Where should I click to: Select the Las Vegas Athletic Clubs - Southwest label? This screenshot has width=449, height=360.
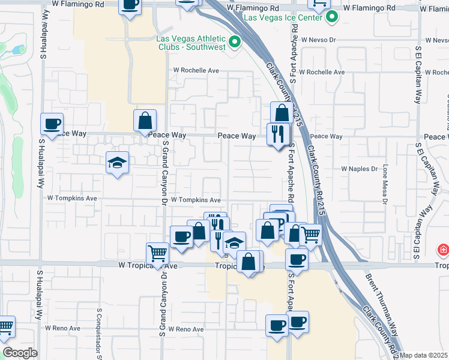[x=191, y=42]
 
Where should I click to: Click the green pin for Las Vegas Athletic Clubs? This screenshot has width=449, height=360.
[x=235, y=43]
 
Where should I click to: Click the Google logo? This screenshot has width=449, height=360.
[x=20, y=353]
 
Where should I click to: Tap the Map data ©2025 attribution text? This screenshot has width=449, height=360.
[x=424, y=355]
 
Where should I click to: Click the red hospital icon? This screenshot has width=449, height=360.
[x=443, y=249]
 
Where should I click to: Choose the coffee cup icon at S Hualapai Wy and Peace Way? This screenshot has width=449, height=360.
[x=52, y=124]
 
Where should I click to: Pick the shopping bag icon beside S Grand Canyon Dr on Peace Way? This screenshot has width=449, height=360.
[x=145, y=121]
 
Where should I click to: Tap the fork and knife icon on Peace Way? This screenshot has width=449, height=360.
[x=277, y=133]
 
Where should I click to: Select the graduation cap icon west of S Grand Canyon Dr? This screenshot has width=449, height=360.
[x=118, y=162]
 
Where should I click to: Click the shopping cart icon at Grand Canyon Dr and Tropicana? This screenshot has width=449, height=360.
[x=157, y=253]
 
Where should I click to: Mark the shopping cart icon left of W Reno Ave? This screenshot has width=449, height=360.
[x=5, y=328]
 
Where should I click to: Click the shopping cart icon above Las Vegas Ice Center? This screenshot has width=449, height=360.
[x=319, y=4]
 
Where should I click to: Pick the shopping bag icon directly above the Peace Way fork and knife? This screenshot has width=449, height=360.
[x=282, y=113]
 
